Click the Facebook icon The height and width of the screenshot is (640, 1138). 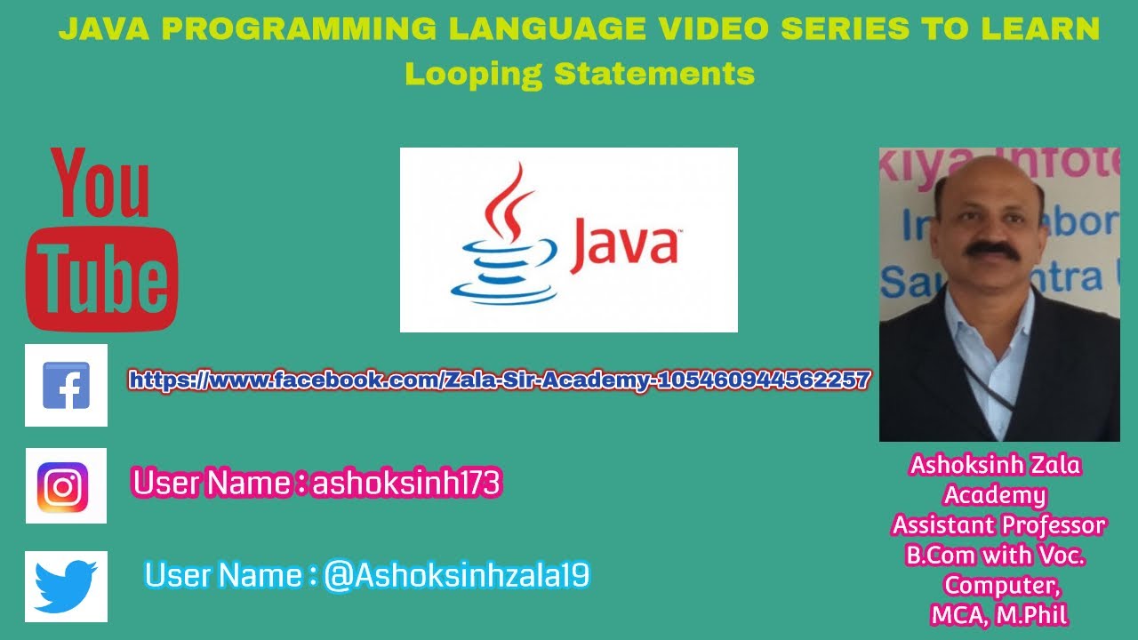tap(66, 385)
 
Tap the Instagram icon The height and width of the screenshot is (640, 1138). tap(66, 485)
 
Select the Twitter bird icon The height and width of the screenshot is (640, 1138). tap(66, 586)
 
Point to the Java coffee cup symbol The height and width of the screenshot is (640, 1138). tap(502, 240)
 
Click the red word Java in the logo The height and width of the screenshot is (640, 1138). tap(624, 243)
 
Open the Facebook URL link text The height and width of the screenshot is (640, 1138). tap(499, 380)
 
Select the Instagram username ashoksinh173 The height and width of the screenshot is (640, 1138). tap(406, 484)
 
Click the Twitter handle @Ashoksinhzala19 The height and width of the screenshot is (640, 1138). tap(456, 576)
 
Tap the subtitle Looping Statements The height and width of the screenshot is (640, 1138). tap(580, 73)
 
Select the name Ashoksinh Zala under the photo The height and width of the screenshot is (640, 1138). tap(996, 465)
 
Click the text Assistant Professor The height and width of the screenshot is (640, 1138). tap(998, 524)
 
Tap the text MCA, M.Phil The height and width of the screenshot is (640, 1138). tap(998, 614)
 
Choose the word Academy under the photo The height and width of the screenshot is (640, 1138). tap(995, 494)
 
